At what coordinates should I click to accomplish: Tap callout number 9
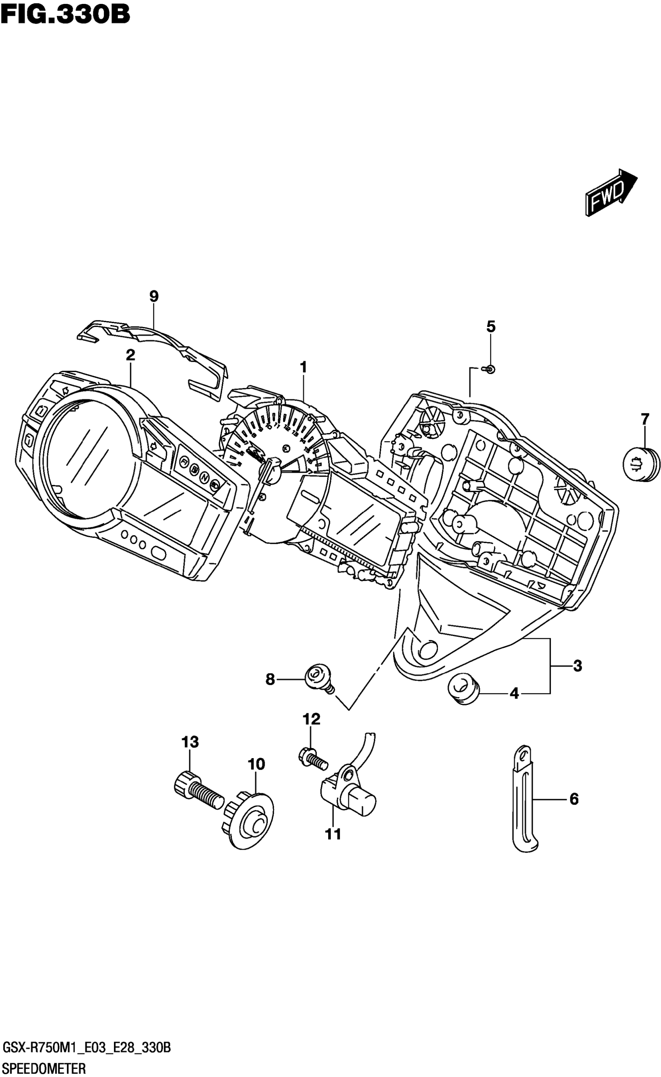[x=154, y=296]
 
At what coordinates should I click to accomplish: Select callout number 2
[x=130, y=355]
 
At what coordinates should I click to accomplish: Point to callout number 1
[x=303, y=367]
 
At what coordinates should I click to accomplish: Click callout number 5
[x=491, y=326]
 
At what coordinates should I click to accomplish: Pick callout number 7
[x=645, y=419]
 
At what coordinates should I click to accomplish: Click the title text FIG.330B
[x=66, y=14]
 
